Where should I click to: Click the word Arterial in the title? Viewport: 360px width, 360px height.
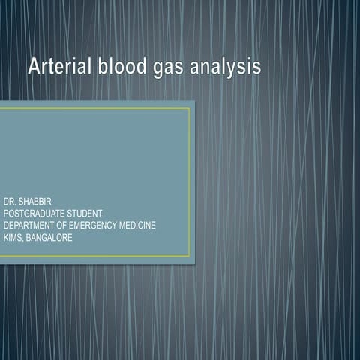(59, 67)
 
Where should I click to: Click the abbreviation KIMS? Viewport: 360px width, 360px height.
(13, 237)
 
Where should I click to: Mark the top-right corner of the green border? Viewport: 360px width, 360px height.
(190, 108)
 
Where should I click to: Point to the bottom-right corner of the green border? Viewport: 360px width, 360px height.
(190, 256)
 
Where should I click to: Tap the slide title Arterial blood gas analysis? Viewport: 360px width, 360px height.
(145, 67)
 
